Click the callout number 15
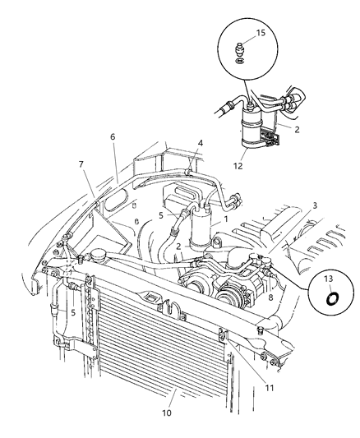click(261, 33)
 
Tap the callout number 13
click(329, 279)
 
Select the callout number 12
click(238, 166)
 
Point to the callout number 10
click(167, 413)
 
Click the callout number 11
click(270, 388)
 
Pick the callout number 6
click(113, 137)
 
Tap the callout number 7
click(81, 164)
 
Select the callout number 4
click(201, 143)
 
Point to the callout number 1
click(226, 219)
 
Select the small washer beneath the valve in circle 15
click(239, 61)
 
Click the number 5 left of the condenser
click(73, 312)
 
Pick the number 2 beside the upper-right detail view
click(297, 129)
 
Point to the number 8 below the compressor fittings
click(270, 297)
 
